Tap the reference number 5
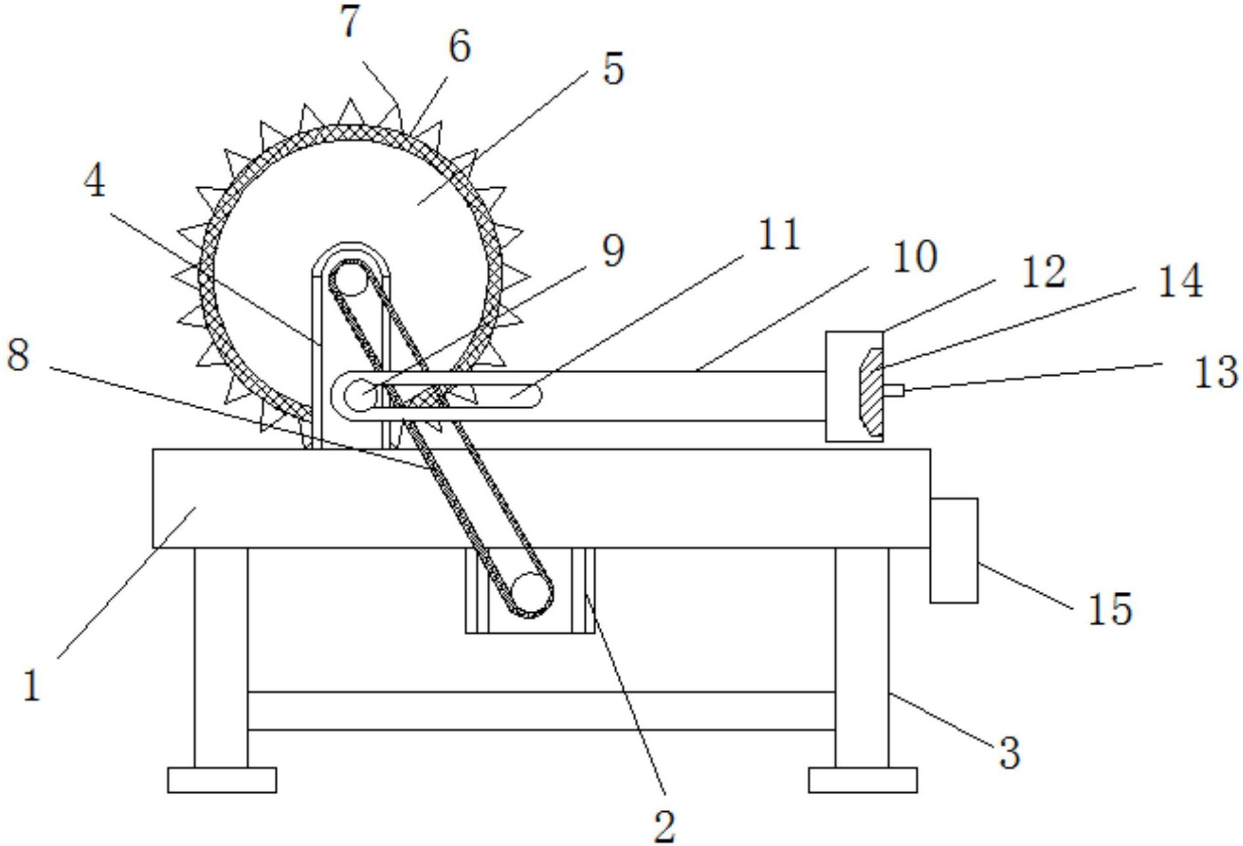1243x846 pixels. coord(613,69)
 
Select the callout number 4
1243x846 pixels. coord(94,181)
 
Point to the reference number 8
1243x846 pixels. coord(18,355)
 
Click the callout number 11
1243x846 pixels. coord(780,234)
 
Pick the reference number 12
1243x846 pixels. coord(1043,272)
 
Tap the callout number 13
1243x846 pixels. coord(1216,372)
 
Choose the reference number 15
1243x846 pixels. coord(1110,608)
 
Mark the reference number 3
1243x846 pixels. coord(1010,753)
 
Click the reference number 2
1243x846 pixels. coord(665,827)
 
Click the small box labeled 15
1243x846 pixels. coord(954,550)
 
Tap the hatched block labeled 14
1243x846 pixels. coord(871,392)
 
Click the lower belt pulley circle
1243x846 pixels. coord(532,594)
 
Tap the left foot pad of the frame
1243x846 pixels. coord(222,780)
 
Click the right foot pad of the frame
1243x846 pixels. coord(862,780)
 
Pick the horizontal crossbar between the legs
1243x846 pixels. coord(542,711)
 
